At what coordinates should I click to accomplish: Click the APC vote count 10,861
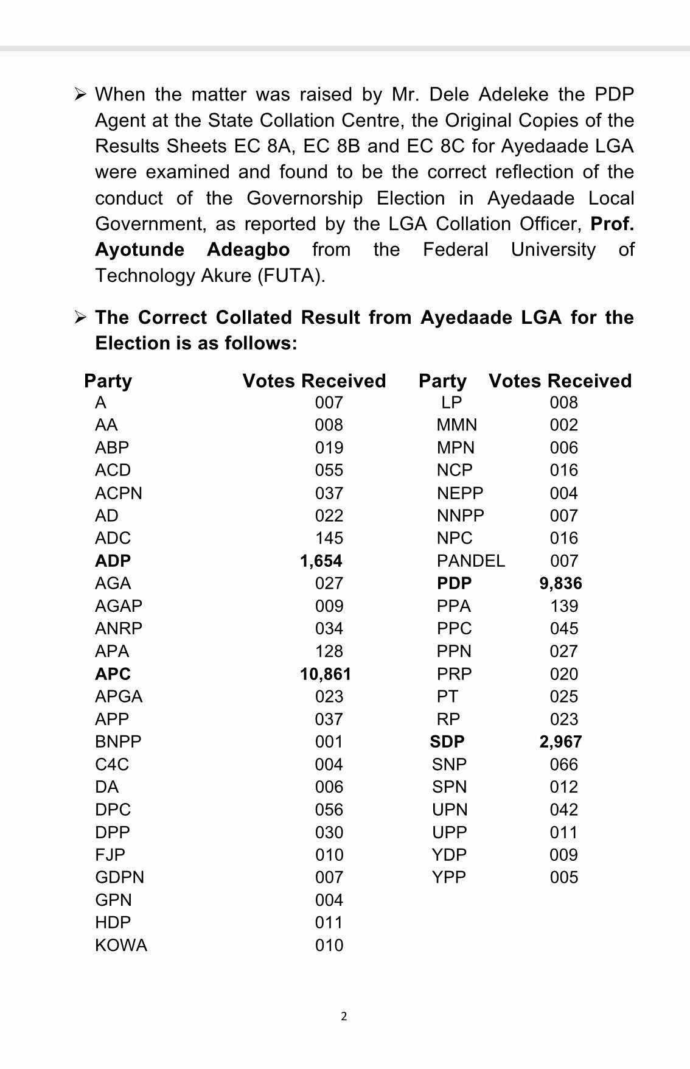(325, 674)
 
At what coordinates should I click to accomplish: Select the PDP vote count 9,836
(560, 583)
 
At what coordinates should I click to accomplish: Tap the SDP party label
(447, 741)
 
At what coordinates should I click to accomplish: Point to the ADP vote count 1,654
(321, 561)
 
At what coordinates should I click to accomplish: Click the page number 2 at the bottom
(344, 1016)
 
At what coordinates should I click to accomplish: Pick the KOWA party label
(121, 945)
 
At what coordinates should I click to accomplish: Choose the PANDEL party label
(470, 561)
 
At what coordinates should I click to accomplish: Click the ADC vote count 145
(329, 538)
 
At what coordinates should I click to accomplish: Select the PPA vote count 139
(563, 606)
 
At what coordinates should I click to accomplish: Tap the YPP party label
(448, 877)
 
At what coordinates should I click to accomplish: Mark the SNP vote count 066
(563, 765)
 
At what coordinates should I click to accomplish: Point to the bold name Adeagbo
(248, 250)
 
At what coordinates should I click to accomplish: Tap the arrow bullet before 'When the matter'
(80, 94)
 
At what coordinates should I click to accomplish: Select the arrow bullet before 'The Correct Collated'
(80, 317)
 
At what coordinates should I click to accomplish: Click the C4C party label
(112, 765)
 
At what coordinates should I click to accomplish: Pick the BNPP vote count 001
(329, 741)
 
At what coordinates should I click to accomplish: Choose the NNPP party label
(460, 516)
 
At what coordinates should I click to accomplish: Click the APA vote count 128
(329, 651)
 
